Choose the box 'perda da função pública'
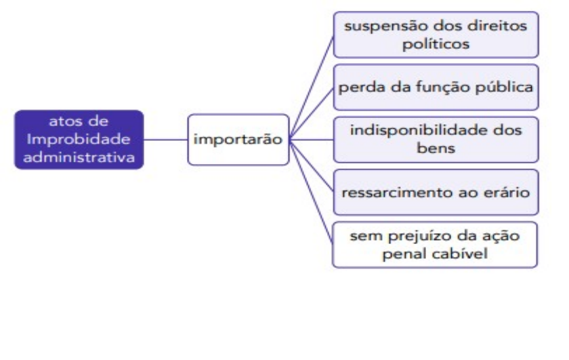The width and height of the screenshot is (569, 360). tap(436, 87)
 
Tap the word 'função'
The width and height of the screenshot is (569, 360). tap(442, 87)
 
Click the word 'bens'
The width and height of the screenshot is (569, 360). tap(436, 146)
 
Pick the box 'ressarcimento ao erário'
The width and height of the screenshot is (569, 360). tap(436, 191)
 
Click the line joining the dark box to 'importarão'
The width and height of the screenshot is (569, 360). tap(165, 140)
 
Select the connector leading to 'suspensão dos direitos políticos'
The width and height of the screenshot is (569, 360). tap(312, 85)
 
